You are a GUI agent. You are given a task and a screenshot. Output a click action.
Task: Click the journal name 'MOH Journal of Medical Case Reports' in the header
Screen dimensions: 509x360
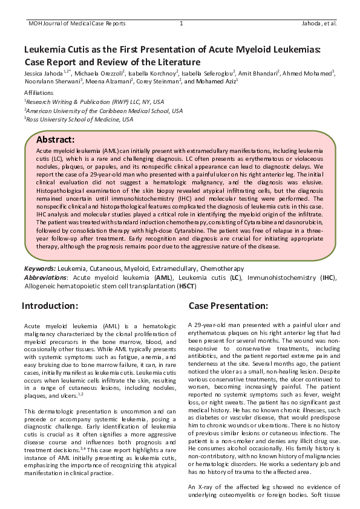77,24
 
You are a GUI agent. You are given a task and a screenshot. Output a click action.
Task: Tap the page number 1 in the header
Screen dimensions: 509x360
181,24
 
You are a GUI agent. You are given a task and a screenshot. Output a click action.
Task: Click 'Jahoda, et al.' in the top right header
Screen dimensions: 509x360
318,24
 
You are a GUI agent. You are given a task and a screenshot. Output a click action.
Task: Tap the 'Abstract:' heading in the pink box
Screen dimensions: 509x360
56,140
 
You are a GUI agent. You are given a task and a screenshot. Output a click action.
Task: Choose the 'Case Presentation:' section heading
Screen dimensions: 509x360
228,305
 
